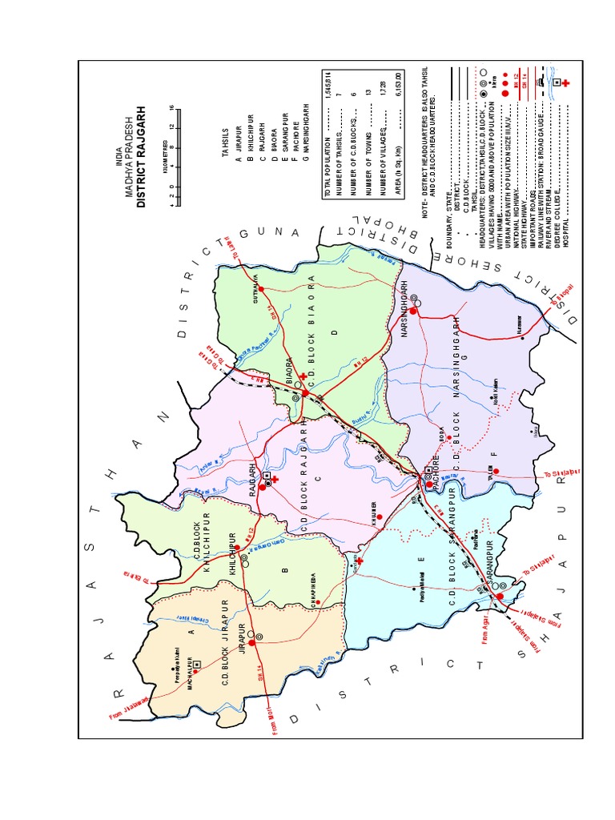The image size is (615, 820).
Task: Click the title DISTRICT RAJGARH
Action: [142, 157]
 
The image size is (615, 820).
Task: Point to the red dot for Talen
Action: [496, 472]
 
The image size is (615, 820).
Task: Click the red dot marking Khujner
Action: [380, 517]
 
